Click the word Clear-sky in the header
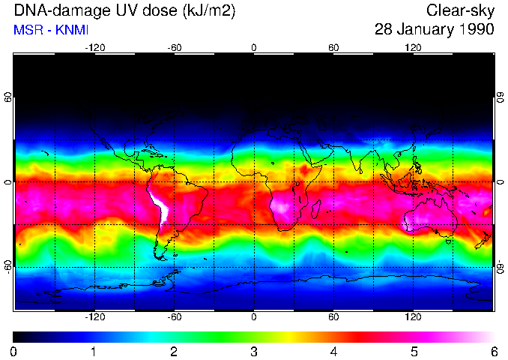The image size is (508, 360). click(460, 10)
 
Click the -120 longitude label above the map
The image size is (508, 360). click(94, 48)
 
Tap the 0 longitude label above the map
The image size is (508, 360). click(254, 48)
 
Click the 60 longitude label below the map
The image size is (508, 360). click(333, 316)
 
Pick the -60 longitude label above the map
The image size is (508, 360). click(174, 48)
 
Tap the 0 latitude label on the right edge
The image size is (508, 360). click(500, 182)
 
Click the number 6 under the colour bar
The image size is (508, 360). click(493, 350)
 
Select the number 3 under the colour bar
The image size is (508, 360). click(253, 350)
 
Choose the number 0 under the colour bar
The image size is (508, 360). click(14, 350)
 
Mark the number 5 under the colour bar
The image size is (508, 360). click(413, 350)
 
